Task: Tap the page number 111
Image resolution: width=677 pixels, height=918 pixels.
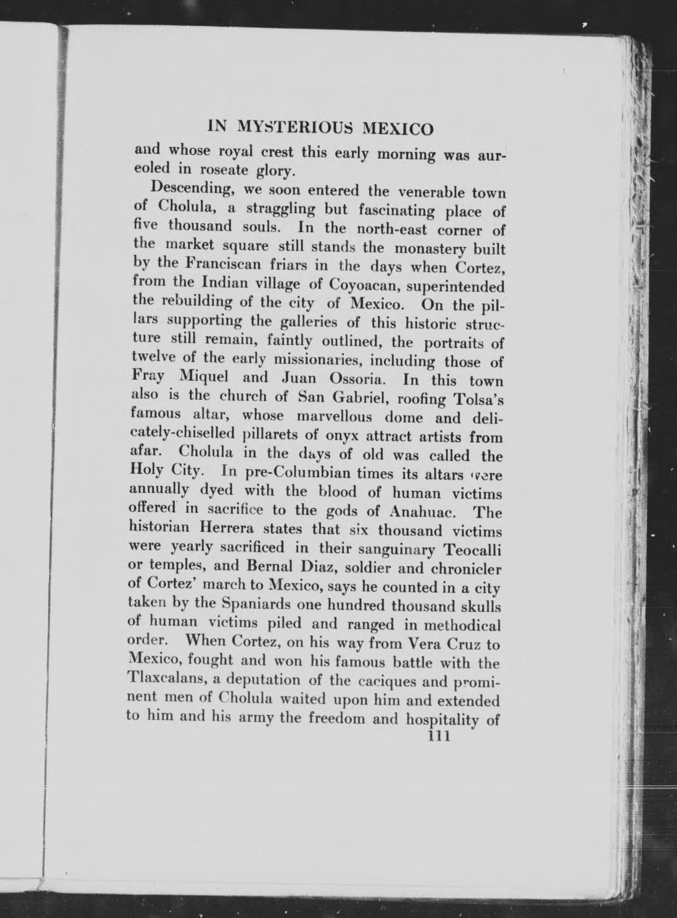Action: coord(438,736)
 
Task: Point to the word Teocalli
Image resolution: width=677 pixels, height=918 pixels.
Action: coord(471,550)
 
